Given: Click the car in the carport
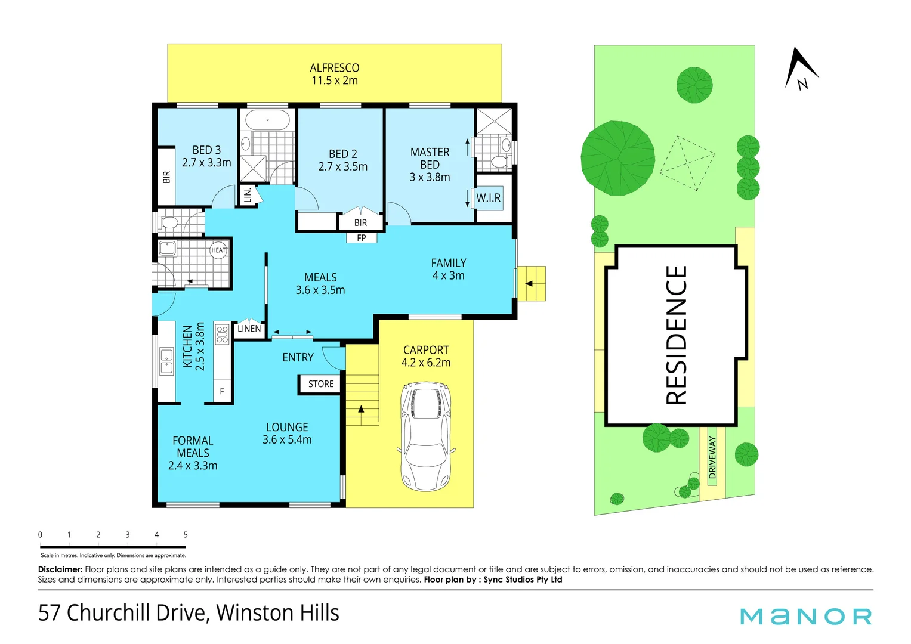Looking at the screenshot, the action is pos(426,436).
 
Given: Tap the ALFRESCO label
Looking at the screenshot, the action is pos(334,67).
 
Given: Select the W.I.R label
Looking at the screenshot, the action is pos(489,198).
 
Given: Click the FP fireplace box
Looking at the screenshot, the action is pos(362,237).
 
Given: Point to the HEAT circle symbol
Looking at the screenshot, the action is pos(218,250).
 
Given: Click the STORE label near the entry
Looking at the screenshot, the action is pos(320,384).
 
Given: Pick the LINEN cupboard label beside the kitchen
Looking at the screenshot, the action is pos(249,329).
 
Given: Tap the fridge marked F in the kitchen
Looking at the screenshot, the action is pos(222,391).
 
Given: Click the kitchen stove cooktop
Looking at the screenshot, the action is pos(222,334).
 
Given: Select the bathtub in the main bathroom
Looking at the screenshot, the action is pos(268,120).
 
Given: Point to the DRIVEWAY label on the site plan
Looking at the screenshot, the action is pos(712,457).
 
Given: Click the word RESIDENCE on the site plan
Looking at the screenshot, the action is pos(676,335).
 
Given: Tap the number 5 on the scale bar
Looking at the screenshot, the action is pos(186,535).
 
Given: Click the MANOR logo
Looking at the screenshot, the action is pos(805,617).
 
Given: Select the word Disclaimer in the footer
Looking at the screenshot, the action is pos(60,569).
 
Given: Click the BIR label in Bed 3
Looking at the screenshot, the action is pos(166,177).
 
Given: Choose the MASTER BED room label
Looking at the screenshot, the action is pos(430,158).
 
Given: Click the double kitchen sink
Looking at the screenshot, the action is pos(166,361).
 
